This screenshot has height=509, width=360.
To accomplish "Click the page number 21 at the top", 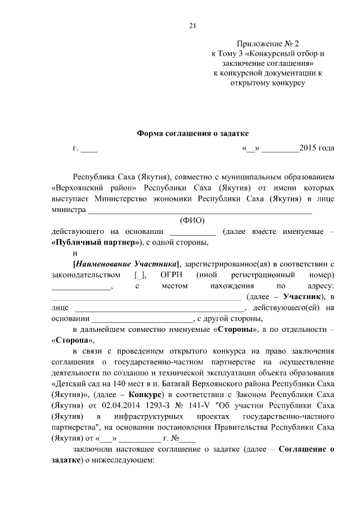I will pos(192,25).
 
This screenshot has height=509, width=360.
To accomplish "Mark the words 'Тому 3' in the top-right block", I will pos(231,53).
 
